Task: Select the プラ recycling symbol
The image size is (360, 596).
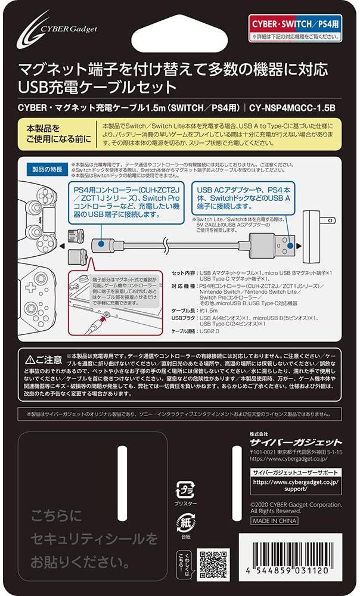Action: pyautogui.click(x=183, y=490)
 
